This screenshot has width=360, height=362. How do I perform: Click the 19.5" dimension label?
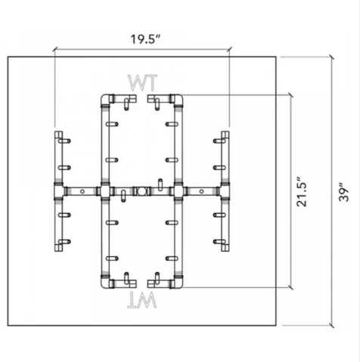tap(145, 39)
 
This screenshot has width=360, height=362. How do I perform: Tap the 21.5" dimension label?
tap(302, 192)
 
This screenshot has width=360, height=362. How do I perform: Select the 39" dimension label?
tap(343, 192)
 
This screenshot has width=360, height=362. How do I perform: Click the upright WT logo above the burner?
tap(142, 82)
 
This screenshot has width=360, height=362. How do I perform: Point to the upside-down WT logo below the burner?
tap(142, 300)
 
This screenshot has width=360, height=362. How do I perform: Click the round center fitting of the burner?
tap(141, 191)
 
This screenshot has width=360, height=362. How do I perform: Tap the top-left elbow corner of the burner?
tap(105, 99)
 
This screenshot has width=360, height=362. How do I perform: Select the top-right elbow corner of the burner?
tap(178, 99)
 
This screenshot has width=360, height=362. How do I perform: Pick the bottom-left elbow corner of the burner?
tap(105, 283)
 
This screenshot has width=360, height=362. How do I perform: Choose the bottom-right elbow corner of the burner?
tap(178, 283)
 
